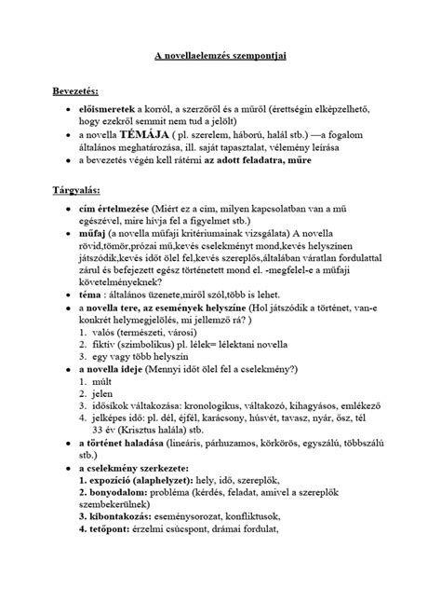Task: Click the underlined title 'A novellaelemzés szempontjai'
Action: tap(220, 57)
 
